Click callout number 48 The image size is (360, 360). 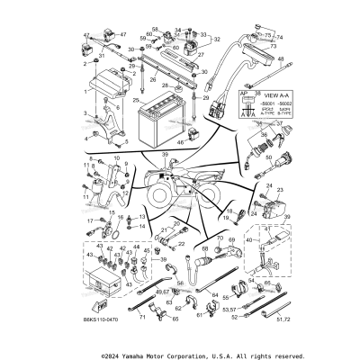click(x=281, y=58)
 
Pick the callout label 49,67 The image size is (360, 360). click(x=137, y=293)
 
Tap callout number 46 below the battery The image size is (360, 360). click(x=181, y=141)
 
